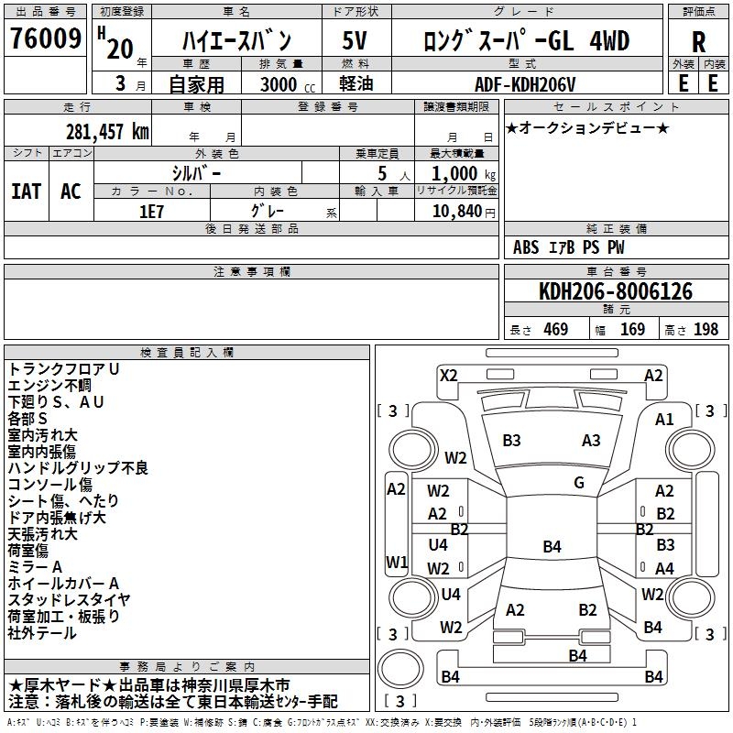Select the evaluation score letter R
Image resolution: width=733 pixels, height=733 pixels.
coord(698,42)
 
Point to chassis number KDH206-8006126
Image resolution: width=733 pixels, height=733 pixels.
coord(616,291)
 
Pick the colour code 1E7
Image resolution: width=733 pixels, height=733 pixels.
coord(151,210)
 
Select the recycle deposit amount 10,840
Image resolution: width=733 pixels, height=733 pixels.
coord(456,211)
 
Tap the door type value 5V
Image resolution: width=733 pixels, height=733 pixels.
coord(356,41)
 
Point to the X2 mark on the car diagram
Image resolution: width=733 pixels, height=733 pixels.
coord(449,375)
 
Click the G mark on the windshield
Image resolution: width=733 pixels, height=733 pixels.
coord(579,483)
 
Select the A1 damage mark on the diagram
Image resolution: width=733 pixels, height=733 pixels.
coord(664,419)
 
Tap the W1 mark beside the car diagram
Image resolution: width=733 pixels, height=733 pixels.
coord(396,561)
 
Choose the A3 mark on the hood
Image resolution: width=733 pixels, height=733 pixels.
coord(591,441)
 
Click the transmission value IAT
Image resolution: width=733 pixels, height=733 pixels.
coord(26,191)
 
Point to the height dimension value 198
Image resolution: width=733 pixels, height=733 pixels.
coord(706,330)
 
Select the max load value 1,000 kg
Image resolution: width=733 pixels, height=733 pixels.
coord(457,173)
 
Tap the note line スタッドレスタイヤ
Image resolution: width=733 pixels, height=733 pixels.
coord(70,599)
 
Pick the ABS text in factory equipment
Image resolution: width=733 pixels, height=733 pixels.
coord(526,247)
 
